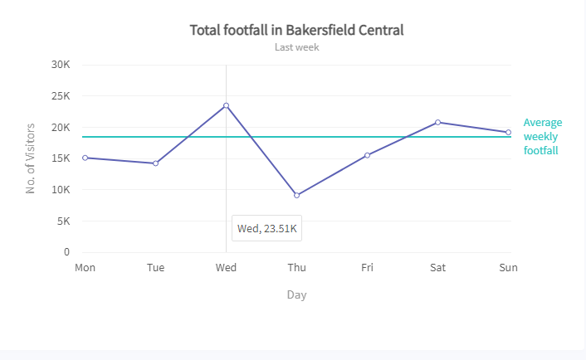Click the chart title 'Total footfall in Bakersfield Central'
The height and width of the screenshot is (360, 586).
pyautogui.click(x=296, y=30)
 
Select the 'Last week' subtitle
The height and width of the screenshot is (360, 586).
pyautogui.click(x=296, y=47)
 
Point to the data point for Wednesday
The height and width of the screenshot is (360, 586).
pyautogui.click(x=226, y=105)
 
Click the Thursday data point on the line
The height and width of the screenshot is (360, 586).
pyautogui.click(x=296, y=195)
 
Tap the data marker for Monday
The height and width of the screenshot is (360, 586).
pyautogui.click(x=85, y=158)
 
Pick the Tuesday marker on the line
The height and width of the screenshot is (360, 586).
pyautogui.click(x=155, y=163)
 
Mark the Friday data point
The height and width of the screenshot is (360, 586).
pyautogui.click(x=367, y=155)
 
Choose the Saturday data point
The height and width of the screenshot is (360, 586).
pyautogui.click(x=437, y=122)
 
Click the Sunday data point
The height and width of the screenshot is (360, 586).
pyautogui.click(x=508, y=132)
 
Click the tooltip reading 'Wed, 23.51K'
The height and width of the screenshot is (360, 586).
pyautogui.click(x=267, y=228)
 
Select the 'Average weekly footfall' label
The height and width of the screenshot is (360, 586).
pyautogui.click(x=542, y=136)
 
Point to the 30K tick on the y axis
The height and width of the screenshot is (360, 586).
pyautogui.click(x=60, y=65)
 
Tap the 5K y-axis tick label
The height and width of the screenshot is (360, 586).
pyautogui.click(x=62, y=221)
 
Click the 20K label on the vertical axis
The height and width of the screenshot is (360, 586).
pyautogui.click(x=60, y=127)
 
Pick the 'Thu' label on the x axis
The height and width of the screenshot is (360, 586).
pyautogui.click(x=296, y=267)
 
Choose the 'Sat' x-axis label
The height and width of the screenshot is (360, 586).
pyautogui.click(x=437, y=267)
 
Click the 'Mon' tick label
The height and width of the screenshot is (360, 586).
pyautogui.click(x=85, y=267)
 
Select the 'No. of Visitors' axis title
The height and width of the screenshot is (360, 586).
pyautogui.click(x=31, y=158)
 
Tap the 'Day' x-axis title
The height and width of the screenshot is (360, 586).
pyautogui.click(x=296, y=294)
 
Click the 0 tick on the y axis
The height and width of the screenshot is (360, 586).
pyautogui.click(x=66, y=252)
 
